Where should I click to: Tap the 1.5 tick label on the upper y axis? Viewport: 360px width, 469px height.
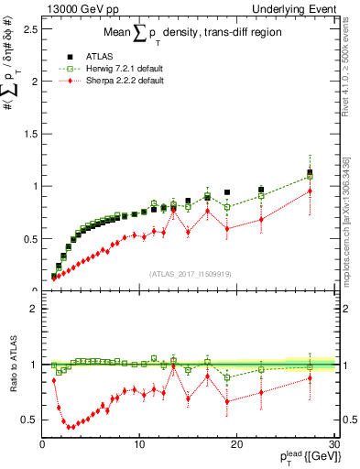30,134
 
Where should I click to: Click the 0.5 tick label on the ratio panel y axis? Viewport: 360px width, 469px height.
30,420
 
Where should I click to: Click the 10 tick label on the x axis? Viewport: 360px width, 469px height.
139,445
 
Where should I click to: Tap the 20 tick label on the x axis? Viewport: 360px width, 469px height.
236,445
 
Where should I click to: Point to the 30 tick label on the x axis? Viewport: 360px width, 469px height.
333,445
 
